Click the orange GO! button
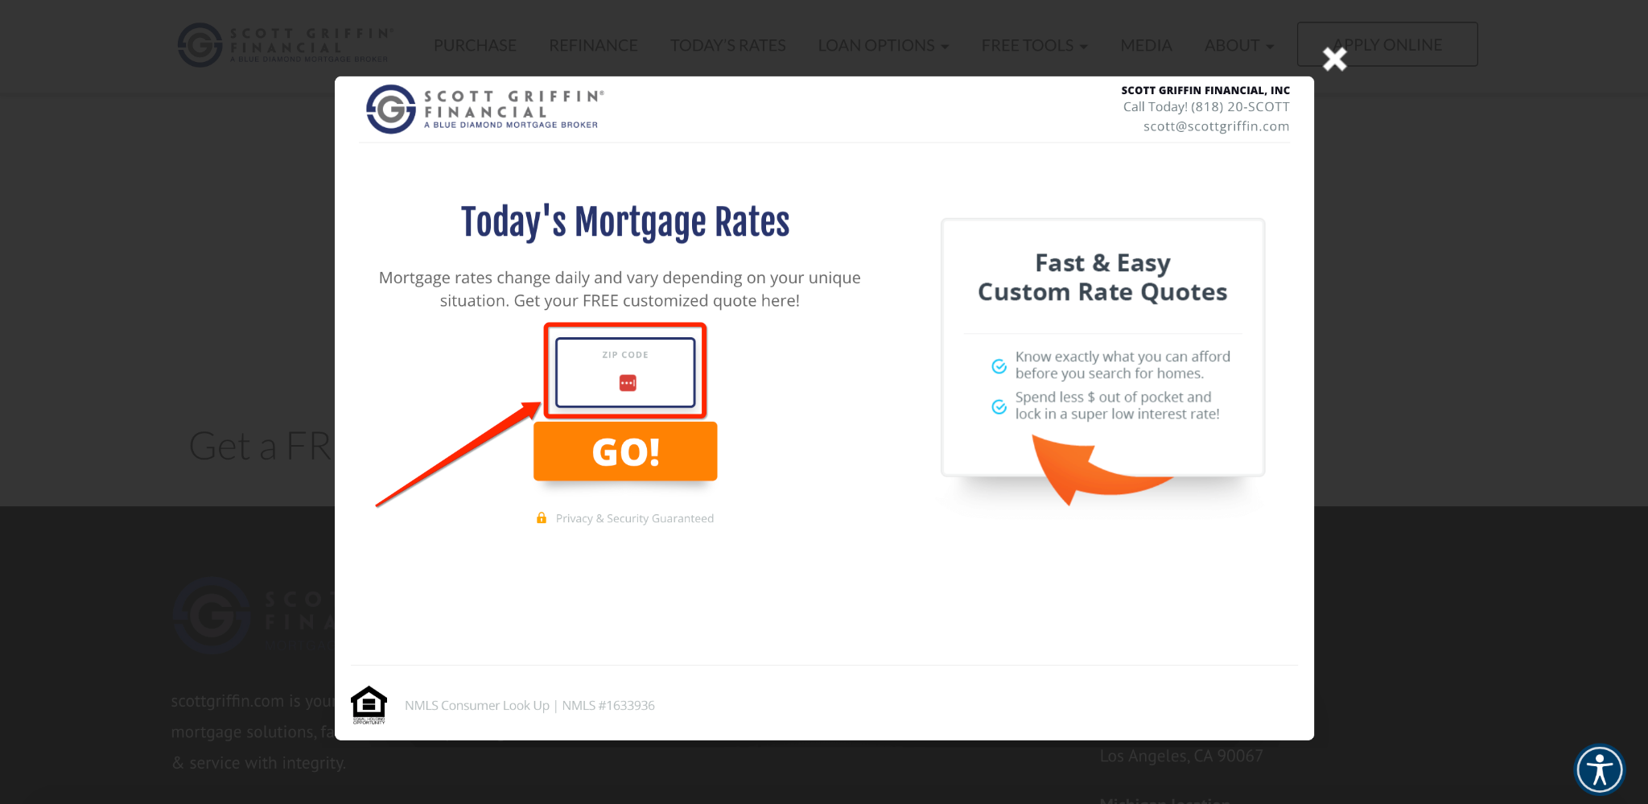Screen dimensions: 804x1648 coord(625,451)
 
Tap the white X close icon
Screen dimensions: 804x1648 coord(1334,59)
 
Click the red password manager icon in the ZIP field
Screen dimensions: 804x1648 coord(628,383)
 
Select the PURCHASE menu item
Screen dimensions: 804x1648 coord(475,46)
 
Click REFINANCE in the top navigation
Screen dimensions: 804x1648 coord(593,46)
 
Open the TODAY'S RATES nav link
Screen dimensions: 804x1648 coord(727,46)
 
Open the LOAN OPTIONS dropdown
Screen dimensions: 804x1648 coord(883,46)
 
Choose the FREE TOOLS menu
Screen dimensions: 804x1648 coord(1034,46)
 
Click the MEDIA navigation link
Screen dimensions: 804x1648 coord(1146,46)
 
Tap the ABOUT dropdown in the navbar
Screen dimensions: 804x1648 coord(1238,46)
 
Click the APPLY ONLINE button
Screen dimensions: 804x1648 coord(1387,45)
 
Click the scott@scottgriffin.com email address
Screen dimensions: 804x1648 coord(1216,126)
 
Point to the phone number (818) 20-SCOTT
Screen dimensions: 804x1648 coord(1240,107)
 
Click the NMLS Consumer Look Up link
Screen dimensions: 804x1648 coord(476,706)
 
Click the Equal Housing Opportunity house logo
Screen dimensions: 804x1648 coord(369,705)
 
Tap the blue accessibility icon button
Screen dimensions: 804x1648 coord(1599,769)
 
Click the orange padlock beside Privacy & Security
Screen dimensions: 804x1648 coord(542,518)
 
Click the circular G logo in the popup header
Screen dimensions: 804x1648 coord(391,109)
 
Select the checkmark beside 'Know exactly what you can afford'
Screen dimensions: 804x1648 coord(999,366)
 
